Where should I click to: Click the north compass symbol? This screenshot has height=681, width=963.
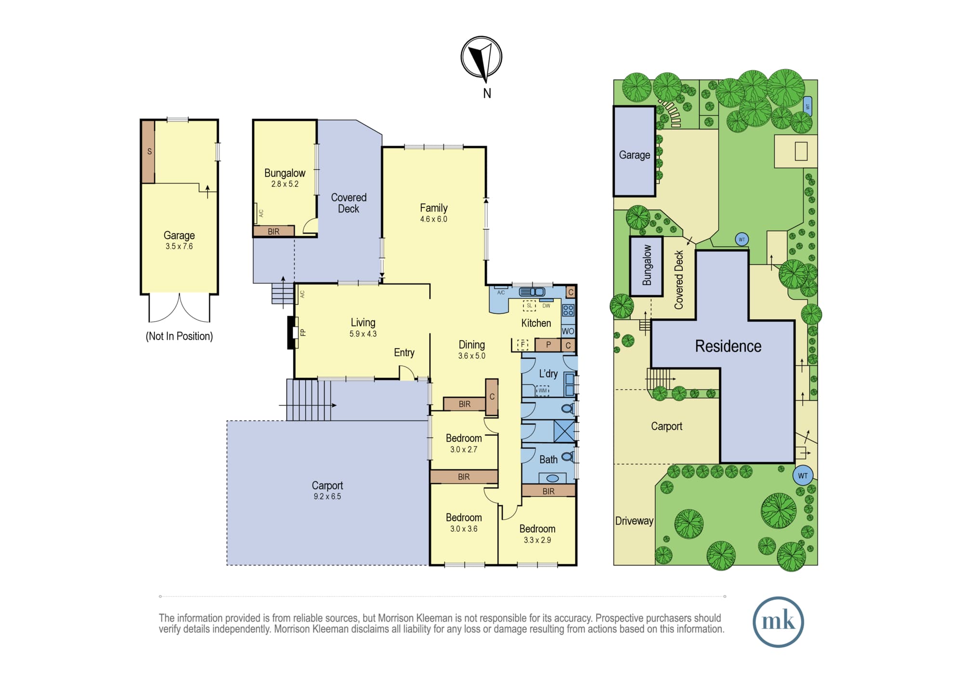(481, 57)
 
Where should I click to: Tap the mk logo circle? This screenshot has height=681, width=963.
(778, 621)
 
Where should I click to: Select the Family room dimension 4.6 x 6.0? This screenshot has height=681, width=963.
(433, 219)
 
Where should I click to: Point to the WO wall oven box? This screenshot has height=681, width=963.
(568, 331)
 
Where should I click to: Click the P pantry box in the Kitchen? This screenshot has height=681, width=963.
(548, 345)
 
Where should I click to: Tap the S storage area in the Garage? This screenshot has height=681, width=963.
(148, 151)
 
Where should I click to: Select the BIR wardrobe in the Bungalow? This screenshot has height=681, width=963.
(273, 231)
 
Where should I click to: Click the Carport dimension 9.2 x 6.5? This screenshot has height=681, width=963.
(327, 497)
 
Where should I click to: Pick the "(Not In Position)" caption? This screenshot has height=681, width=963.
(179, 336)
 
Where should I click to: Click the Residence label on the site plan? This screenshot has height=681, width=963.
(728, 346)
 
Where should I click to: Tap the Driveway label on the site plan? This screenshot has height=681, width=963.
(634, 521)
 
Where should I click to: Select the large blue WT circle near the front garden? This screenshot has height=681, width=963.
(803, 475)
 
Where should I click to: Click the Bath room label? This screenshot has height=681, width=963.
(548, 459)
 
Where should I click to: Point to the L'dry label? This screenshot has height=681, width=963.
(548, 374)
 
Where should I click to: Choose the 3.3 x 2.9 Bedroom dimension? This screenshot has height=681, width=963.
(537, 540)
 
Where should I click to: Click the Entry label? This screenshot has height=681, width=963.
(404, 353)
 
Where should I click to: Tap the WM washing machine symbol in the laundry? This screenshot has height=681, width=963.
(543, 391)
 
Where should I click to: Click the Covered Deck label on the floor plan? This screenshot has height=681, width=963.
(349, 203)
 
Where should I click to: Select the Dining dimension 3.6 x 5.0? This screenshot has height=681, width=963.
(472, 356)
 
